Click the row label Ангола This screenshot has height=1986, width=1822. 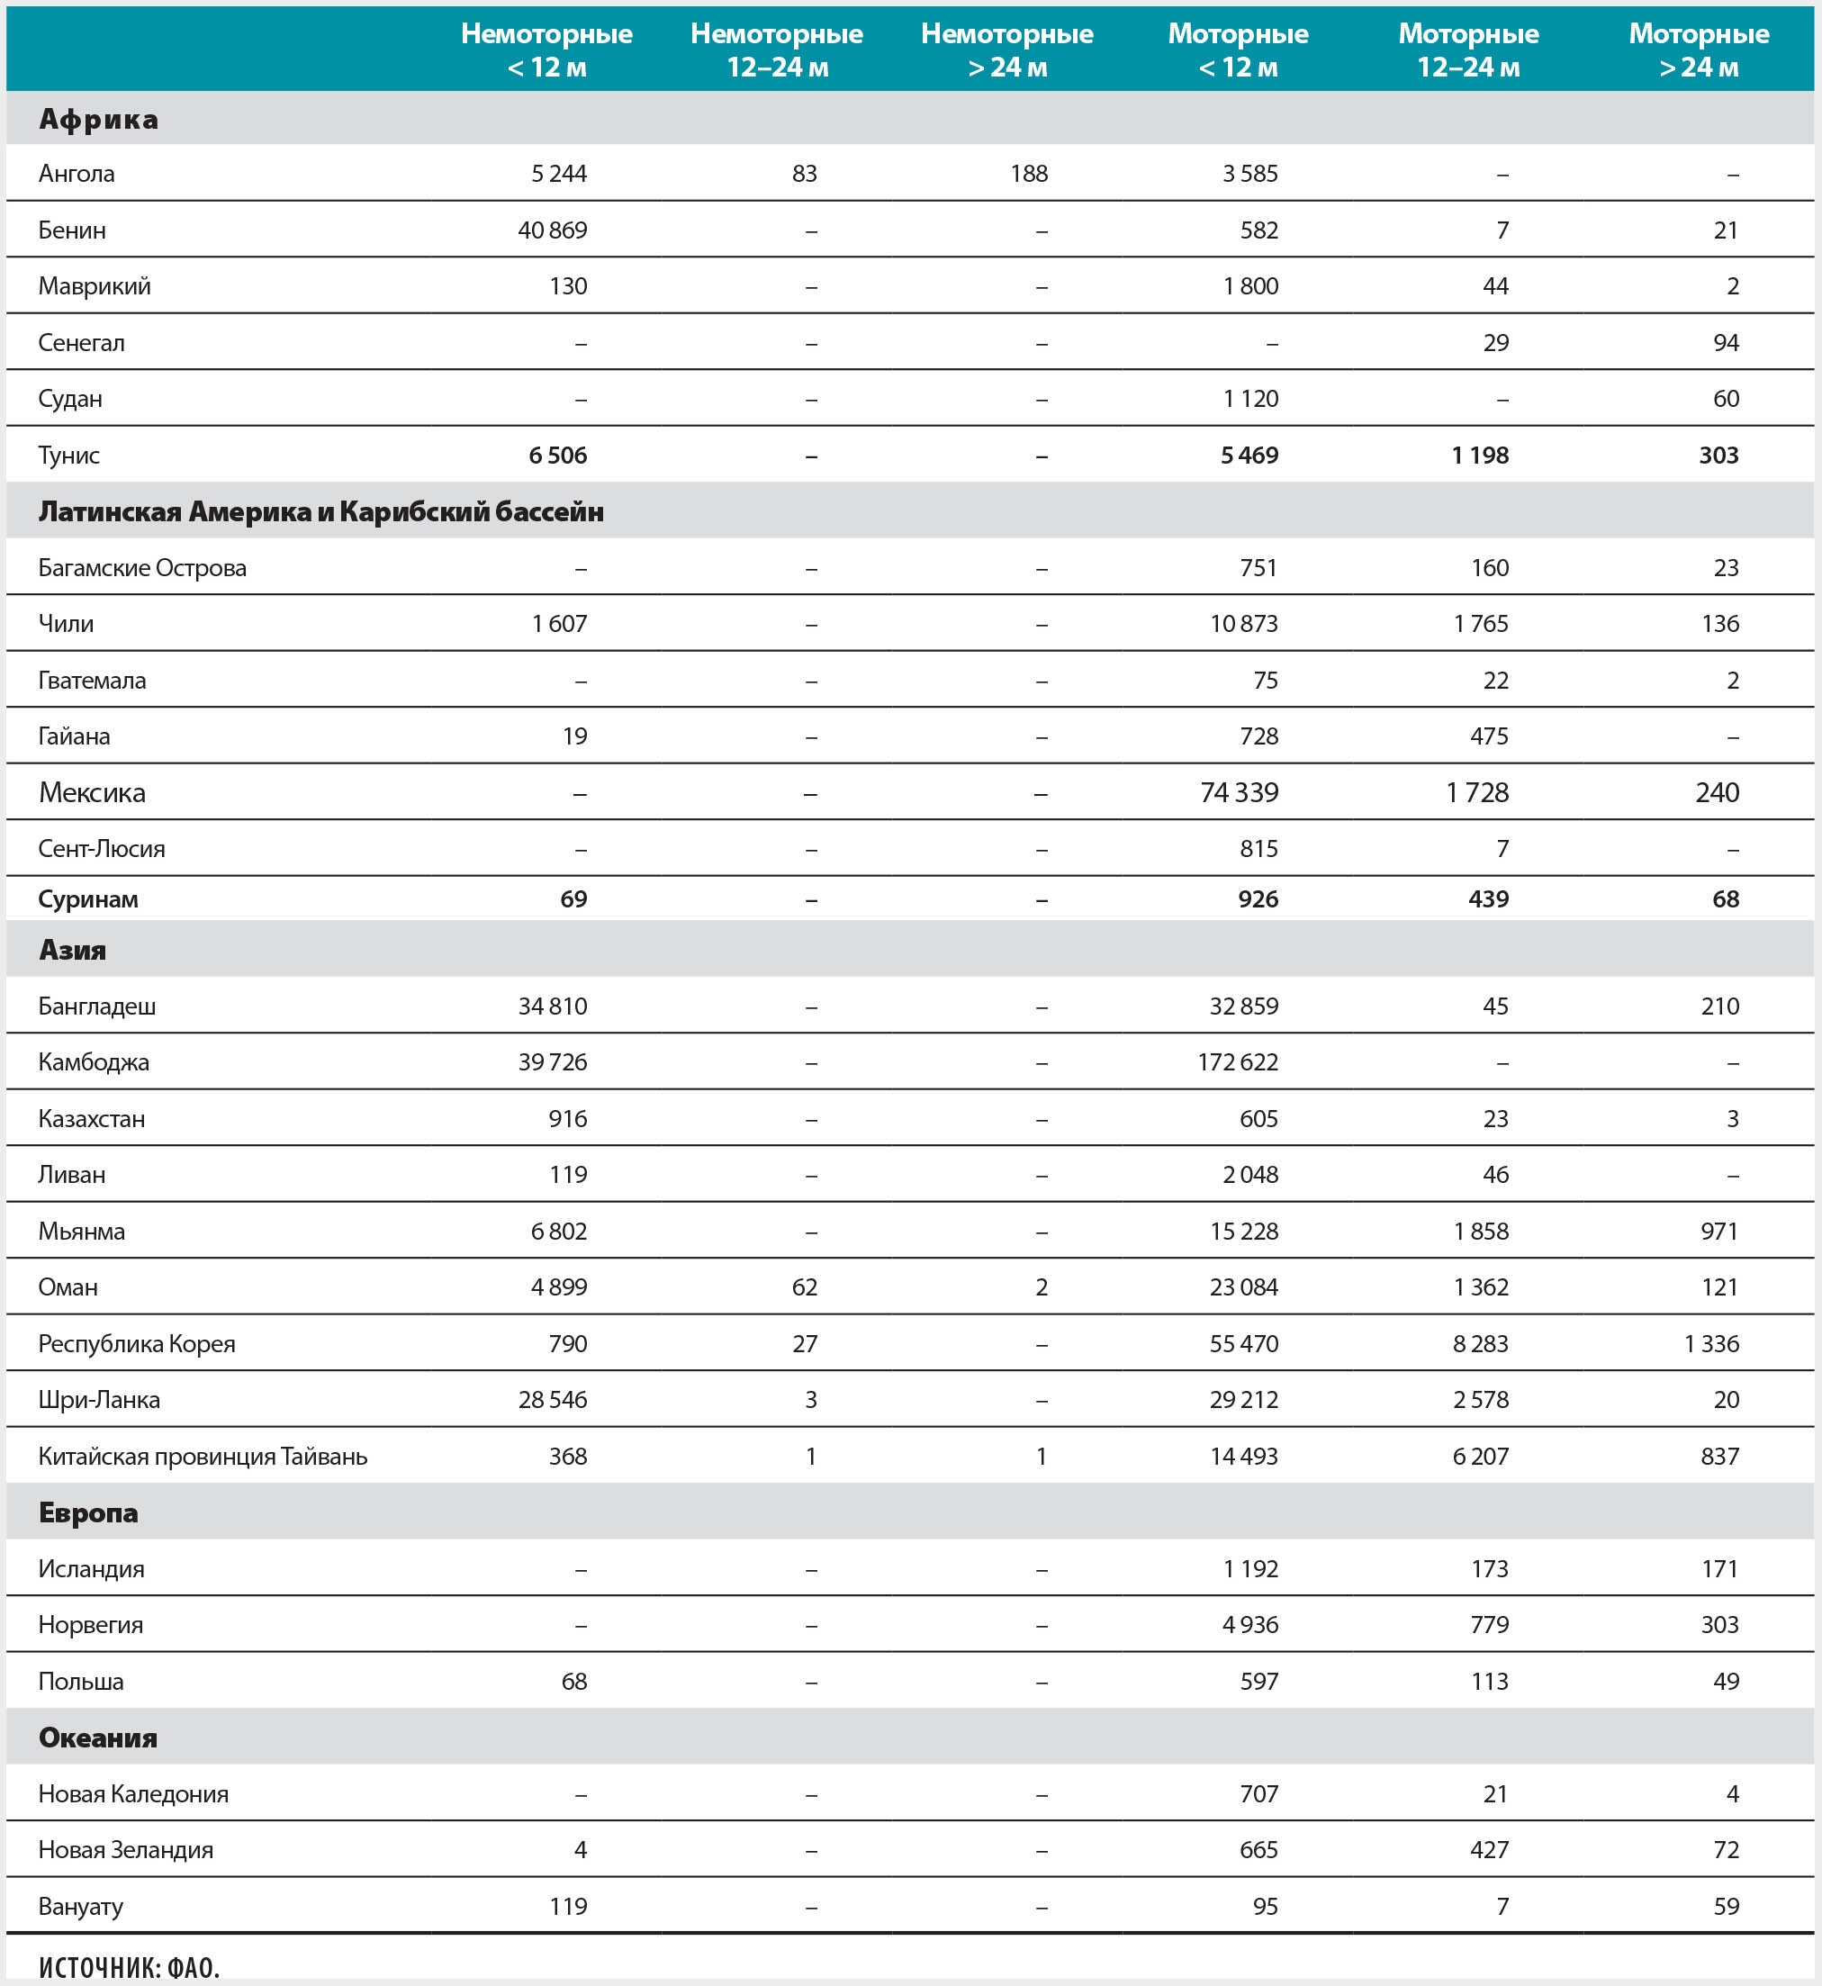pyautogui.click(x=76, y=174)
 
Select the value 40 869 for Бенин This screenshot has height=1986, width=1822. pyautogui.click(x=552, y=230)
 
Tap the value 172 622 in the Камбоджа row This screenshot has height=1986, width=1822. pyautogui.click(x=1238, y=1062)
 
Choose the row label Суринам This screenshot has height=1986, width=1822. pyautogui.click(x=87, y=899)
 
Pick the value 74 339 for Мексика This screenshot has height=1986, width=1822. pyautogui.click(x=1239, y=793)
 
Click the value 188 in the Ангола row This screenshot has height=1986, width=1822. pyautogui.click(x=1028, y=174)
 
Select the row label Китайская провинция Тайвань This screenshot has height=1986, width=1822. pyautogui.click(x=203, y=1457)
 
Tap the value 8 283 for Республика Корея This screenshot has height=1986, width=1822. pyautogui.click(x=1480, y=1344)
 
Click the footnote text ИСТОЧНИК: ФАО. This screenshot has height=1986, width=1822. pyautogui.click(x=129, y=1967)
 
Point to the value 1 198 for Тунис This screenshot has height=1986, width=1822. pyautogui.click(x=1480, y=456)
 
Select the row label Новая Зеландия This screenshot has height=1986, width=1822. pyautogui.click(x=125, y=1850)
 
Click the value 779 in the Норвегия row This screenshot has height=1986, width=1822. pyautogui.click(x=1489, y=1625)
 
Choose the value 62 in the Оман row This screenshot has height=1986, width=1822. pyautogui.click(x=805, y=1288)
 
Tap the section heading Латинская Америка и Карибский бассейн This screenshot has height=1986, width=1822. pyautogui.click(x=320, y=511)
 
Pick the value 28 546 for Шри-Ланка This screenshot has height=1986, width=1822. pyautogui.click(x=552, y=1400)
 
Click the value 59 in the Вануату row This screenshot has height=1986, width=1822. pyautogui.click(x=1726, y=1906)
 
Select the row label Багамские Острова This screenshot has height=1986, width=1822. pyautogui.click(x=142, y=568)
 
